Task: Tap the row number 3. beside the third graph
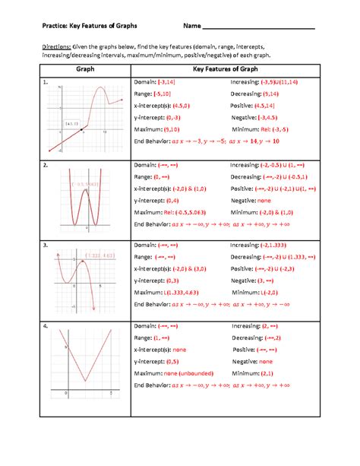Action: pyautogui.click(x=46, y=246)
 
